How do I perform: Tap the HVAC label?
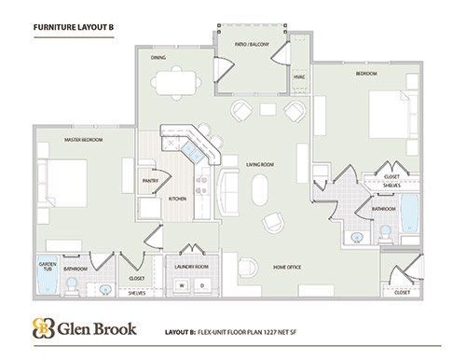299,76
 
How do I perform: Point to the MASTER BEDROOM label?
84,139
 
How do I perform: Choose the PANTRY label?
149,181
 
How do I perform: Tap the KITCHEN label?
177,199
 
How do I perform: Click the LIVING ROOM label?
259,165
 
